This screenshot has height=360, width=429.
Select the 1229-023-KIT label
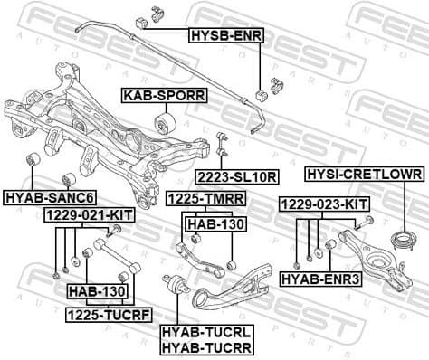point(323,204)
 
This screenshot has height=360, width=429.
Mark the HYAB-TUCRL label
point(205,332)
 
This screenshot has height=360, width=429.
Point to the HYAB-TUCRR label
point(205,346)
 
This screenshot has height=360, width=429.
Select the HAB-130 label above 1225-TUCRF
point(97,291)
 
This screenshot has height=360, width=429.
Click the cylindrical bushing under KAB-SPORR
point(166,121)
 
